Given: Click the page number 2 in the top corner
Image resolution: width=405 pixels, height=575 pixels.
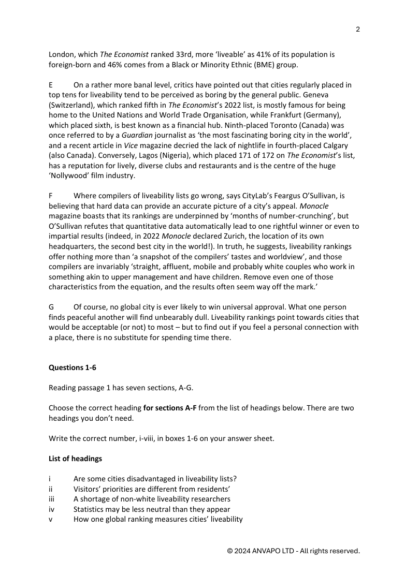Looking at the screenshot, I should pyautogui.click(x=358, y=29).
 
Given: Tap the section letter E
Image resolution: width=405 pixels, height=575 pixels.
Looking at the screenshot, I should pyautogui.click(x=51, y=85).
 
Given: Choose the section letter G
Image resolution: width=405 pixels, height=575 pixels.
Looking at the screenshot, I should pyautogui.click(x=51, y=307).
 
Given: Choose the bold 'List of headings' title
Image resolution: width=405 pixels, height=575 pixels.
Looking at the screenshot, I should pyautogui.click(x=75, y=459).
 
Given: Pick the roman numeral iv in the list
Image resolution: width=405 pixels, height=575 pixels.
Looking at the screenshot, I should pyautogui.click(x=51, y=509).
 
